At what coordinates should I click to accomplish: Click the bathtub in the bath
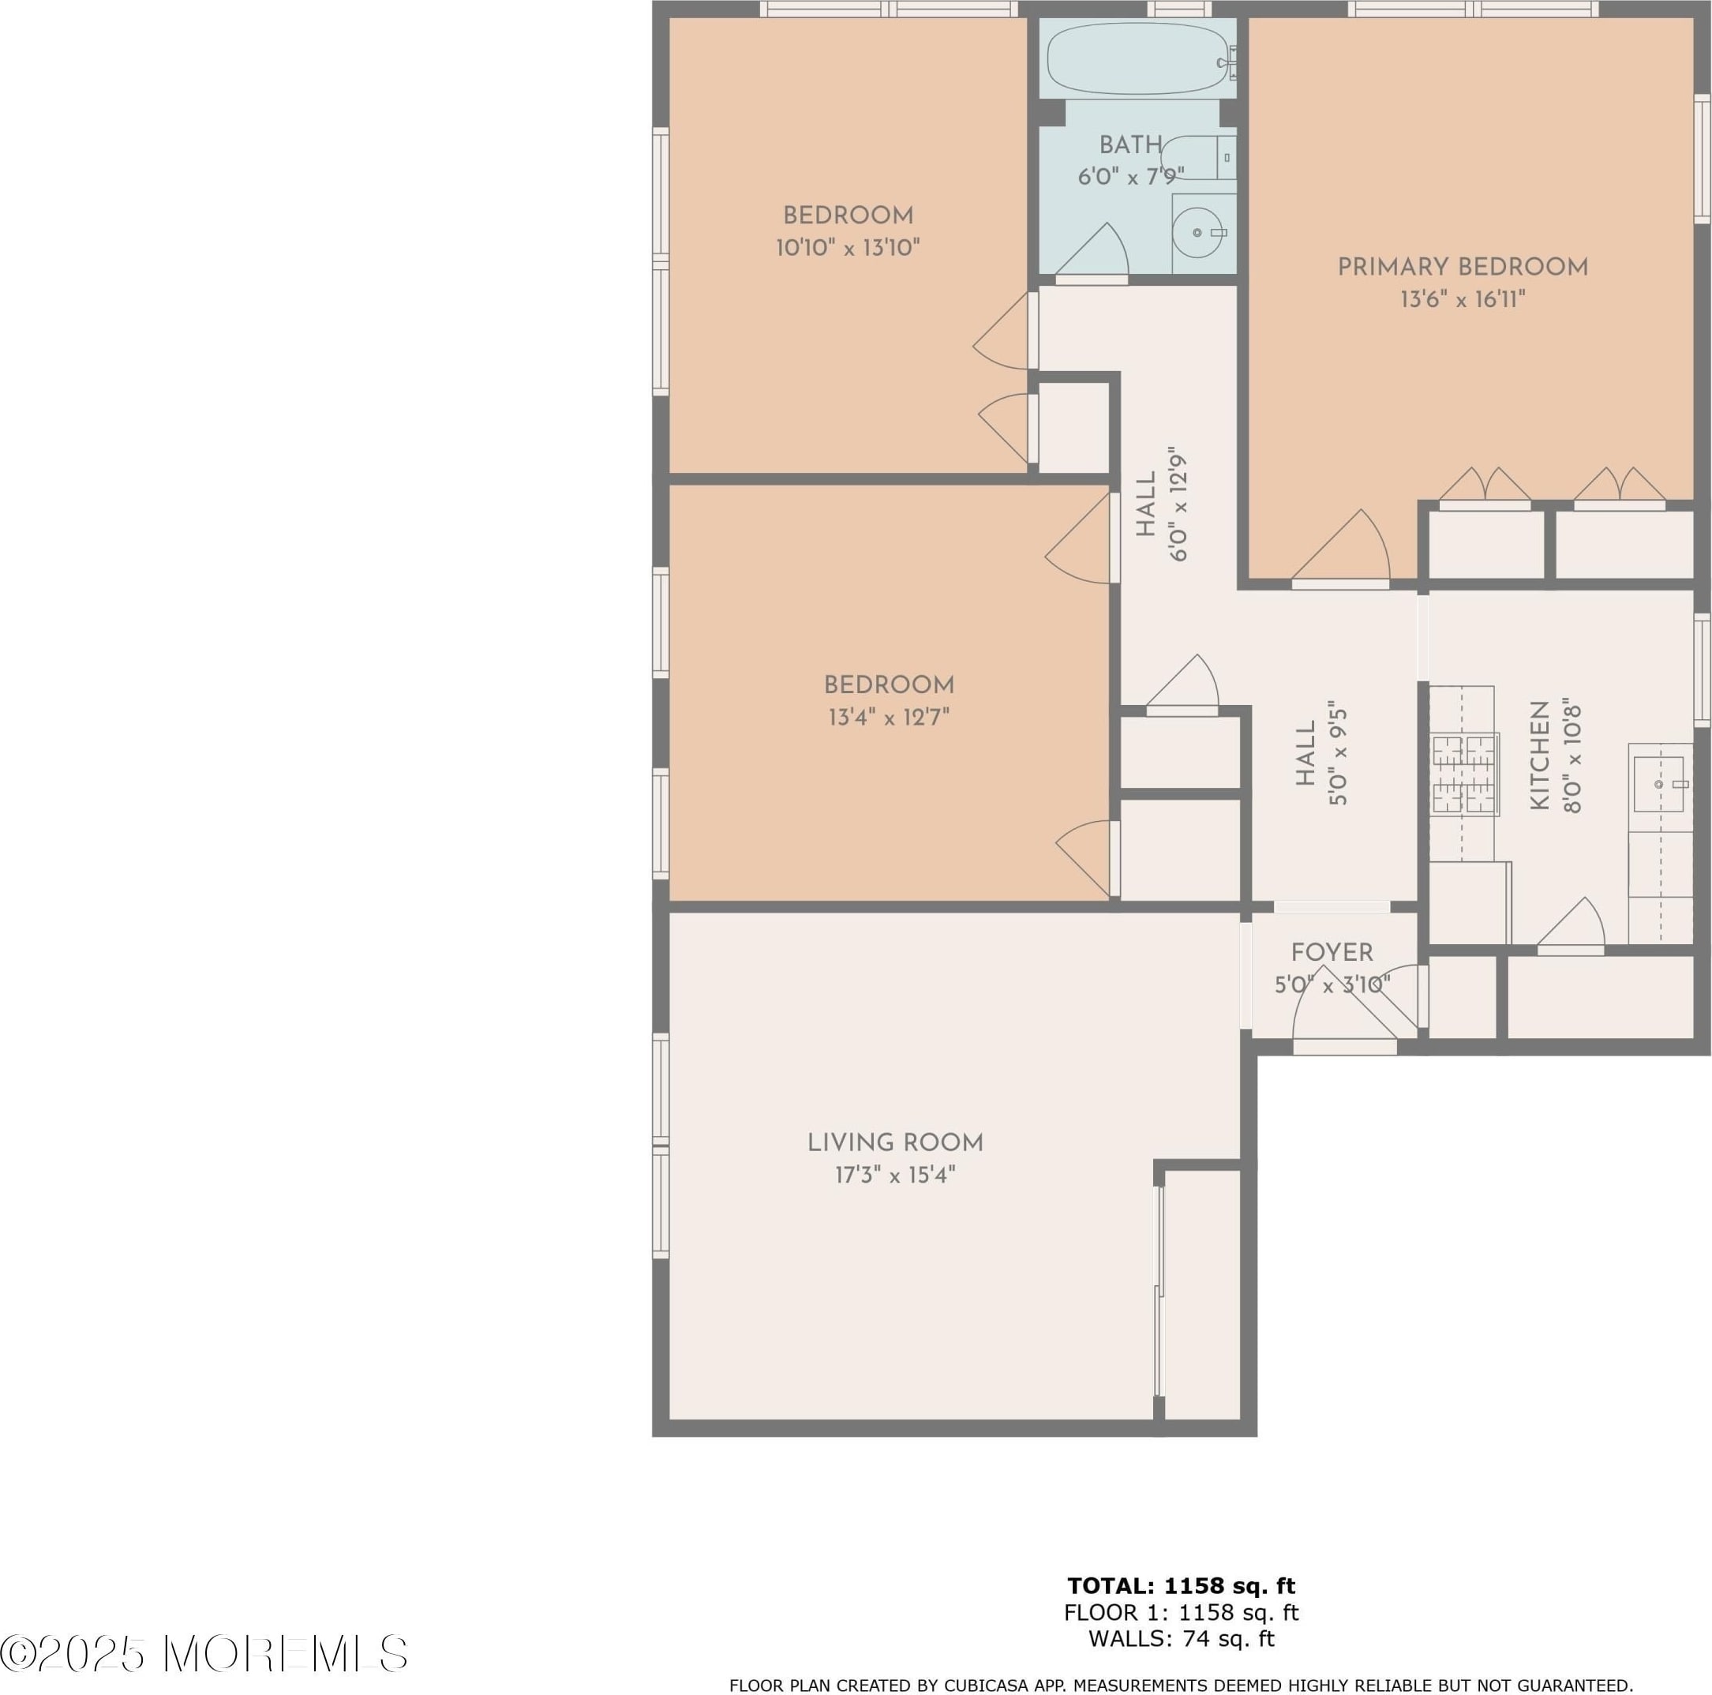(1138, 58)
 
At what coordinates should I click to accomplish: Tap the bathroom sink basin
(1198, 232)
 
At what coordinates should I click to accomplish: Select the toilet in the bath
(1198, 159)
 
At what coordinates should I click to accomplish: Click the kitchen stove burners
(1464, 774)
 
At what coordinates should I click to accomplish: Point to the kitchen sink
(1659, 785)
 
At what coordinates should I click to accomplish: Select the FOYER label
(1332, 952)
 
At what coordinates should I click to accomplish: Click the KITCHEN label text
(1539, 756)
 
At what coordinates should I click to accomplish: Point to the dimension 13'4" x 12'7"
(889, 716)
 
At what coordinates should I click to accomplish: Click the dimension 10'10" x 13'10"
(848, 247)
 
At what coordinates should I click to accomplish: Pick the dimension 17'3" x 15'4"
(895, 1175)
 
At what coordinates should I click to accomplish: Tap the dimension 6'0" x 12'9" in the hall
(1178, 504)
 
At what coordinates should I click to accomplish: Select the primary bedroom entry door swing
(1341, 546)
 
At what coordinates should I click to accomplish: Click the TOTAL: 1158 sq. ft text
(1182, 1586)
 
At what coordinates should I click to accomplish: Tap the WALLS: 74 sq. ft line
(1182, 1639)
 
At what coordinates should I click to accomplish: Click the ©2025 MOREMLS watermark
(204, 1653)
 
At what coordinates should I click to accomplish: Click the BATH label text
(1131, 145)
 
